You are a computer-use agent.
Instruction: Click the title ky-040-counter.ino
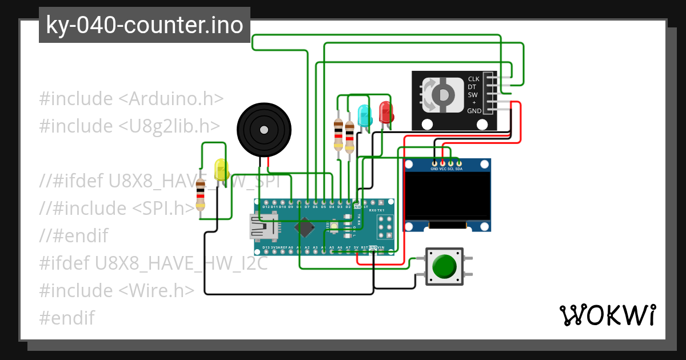point(144,25)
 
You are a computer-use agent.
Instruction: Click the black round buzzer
point(264,130)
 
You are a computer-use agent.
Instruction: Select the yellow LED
point(221,170)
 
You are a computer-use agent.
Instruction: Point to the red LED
point(386,112)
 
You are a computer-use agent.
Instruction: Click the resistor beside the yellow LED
point(200,194)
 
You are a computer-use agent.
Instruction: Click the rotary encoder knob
point(442,95)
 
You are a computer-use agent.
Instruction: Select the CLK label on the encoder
point(473,79)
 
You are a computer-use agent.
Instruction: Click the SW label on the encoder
point(473,95)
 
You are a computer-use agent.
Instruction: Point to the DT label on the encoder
point(472,87)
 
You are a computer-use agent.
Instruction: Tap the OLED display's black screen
point(448,195)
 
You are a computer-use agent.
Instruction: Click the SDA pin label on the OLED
point(458,169)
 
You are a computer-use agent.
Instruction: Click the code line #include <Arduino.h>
point(131,98)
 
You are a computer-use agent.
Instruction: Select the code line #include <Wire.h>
point(117,290)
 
